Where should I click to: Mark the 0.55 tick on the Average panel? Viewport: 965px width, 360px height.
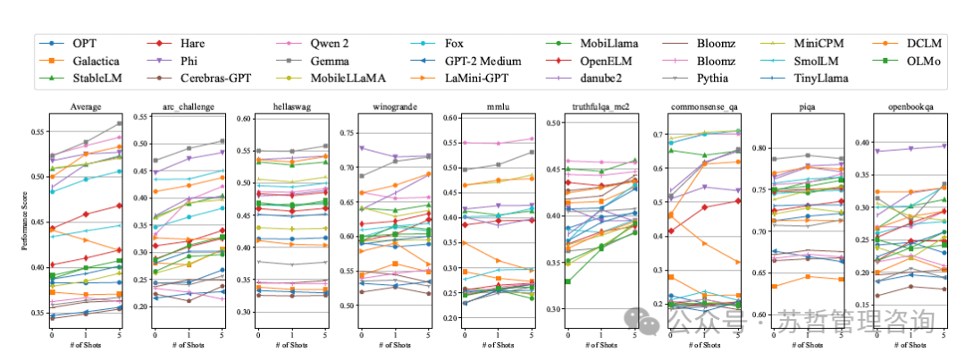pos(38,132)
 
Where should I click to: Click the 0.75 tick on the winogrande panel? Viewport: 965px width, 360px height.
pos(340,133)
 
